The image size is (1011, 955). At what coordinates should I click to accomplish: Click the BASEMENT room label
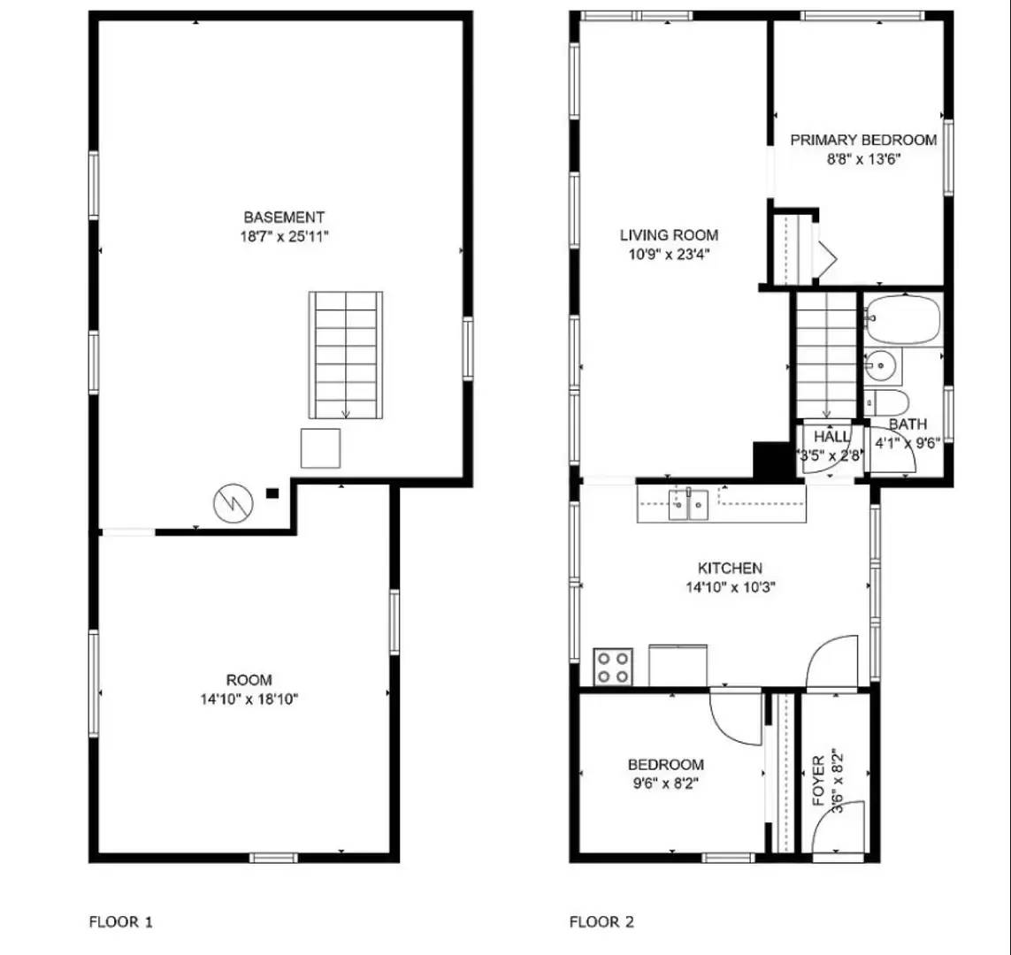(284, 217)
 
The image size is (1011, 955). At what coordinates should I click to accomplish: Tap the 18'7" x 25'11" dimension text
(284, 236)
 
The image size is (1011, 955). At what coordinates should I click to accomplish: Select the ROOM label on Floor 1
(249, 680)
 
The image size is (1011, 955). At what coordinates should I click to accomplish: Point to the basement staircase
(346, 354)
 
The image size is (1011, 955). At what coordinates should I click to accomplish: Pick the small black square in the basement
(272, 493)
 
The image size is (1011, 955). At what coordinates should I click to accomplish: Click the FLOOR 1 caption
(121, 922)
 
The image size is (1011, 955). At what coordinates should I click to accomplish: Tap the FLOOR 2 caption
(601, 922)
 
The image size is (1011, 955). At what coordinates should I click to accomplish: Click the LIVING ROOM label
(669, 235)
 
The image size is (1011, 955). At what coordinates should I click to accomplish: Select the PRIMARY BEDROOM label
(863, 140)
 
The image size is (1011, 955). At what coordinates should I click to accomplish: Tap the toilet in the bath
(885, 402)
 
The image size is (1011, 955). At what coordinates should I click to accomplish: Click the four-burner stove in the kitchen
(612, 667)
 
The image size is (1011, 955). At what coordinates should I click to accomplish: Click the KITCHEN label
(730, 569)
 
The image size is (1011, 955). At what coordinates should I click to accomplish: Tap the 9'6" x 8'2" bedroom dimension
(665, 783)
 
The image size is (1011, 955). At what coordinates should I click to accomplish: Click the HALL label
(831, 437)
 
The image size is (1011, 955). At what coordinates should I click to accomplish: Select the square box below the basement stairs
(320, 448)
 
